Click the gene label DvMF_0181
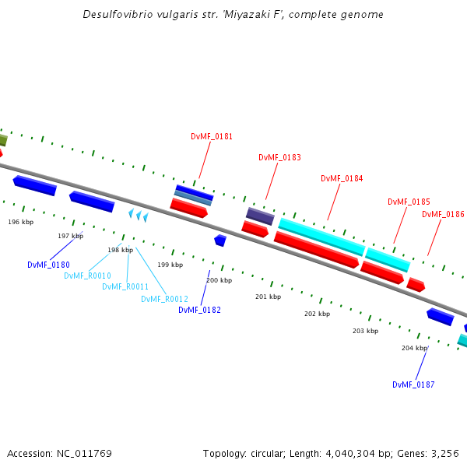(212, 136)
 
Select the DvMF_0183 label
(279, 157)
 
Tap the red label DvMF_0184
(342, 178)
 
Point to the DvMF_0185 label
(409, 202)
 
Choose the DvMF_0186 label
(443, 214)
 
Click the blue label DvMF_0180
(48, 265)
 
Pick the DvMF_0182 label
(199, 310)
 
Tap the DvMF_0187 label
(413, 384)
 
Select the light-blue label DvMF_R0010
(87, 276)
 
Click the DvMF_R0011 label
(125, 286)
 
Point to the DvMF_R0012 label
(164, 299)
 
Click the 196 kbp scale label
(21, 222)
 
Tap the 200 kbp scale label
(219, 280)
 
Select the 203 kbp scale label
(365, 331)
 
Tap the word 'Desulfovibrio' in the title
(118, 15)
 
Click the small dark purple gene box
(260, 216)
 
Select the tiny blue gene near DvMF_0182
(220, 241)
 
